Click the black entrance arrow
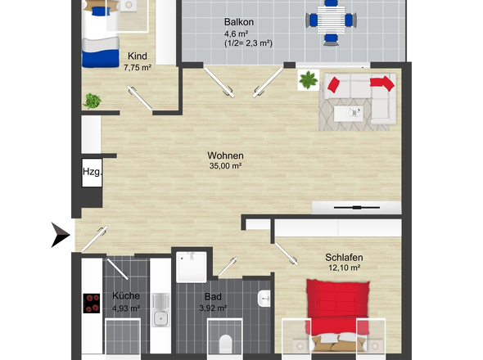62,235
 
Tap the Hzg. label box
92,172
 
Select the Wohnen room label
225,155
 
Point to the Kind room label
137,56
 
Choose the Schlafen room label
344,257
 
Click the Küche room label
126,295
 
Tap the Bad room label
213,296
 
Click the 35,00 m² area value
225,166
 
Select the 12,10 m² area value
345,268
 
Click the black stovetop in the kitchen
92,304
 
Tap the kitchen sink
160,310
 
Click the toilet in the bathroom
225,344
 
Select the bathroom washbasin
264,299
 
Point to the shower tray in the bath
192,267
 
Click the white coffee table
349,114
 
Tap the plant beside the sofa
309,80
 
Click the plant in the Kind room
92,101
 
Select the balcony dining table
331,20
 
